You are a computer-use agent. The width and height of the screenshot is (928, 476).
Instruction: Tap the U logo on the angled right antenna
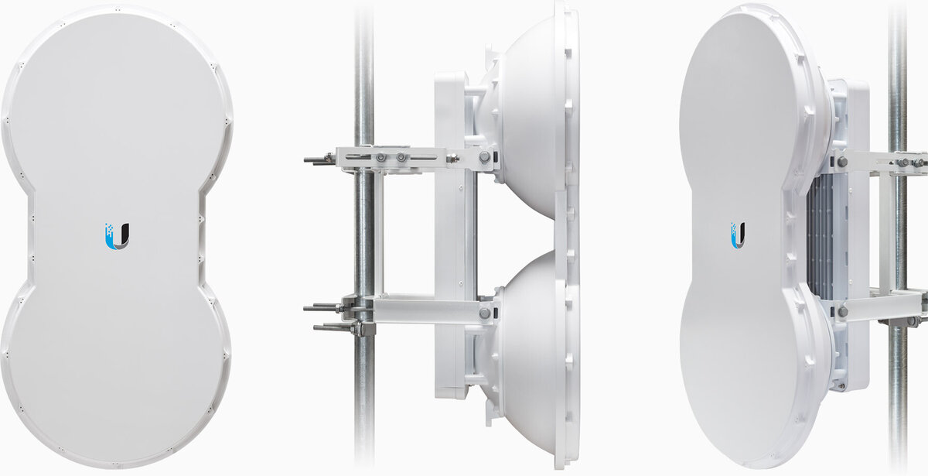(738, 235)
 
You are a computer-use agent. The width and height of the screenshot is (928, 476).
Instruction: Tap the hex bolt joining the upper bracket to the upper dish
(484, 157)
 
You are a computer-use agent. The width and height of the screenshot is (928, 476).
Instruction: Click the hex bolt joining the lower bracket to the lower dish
(484, 313)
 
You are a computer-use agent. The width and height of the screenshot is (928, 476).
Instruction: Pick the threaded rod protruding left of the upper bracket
(317, 160)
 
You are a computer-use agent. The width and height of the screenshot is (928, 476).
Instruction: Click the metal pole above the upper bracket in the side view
(363, 70)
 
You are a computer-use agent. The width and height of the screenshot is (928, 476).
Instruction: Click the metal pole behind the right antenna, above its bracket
(897, 77)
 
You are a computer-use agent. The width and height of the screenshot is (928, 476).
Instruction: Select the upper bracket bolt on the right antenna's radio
(842, 163)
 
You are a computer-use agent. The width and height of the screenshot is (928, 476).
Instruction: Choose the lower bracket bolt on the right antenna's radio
(842, 311)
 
